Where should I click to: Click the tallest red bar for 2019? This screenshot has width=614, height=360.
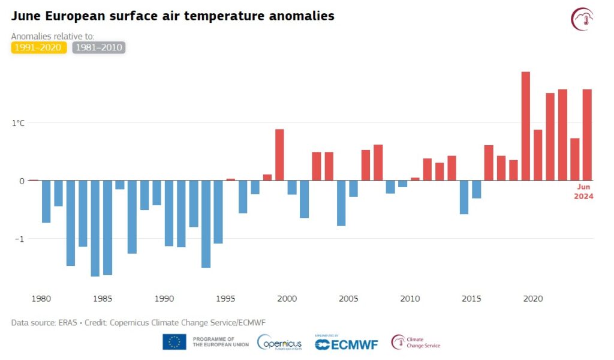click(x=525, y=126)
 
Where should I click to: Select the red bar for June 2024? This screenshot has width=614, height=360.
click(x=587, y=135)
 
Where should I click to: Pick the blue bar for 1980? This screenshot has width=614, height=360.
click(x=46, y=201)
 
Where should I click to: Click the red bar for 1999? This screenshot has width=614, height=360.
click(x=279, y=155)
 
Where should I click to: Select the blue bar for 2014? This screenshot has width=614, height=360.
click(x=463, y=197)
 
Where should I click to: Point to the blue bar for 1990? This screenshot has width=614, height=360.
click(x=169, y=213)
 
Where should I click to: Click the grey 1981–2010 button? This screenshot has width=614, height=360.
click(x=98, y=47)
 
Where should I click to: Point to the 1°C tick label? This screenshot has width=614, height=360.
click(x=18, y=123)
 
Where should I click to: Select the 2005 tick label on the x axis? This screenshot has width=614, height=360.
click(x=348, y=299)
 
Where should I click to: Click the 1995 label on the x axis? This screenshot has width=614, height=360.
click(x=225, y=299)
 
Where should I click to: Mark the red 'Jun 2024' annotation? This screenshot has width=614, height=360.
click(x=584, y=192)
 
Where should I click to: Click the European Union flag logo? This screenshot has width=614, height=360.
click(x=174, y=342)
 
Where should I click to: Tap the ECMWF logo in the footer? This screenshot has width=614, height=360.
click(x=345, y=344)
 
